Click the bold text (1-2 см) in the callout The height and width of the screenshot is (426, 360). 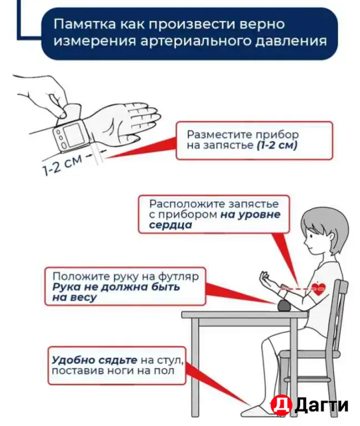277,146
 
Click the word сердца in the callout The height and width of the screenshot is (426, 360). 170,226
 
